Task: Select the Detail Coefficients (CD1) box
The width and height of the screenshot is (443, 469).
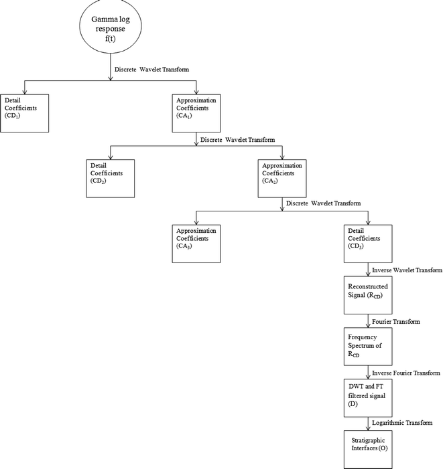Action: click(x=25, y=113)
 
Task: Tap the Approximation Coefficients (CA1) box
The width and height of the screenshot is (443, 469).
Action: click(x=196, y=113)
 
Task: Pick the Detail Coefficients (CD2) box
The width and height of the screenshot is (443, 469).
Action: click(x=111, y=178)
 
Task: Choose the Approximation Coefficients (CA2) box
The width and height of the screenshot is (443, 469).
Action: click(x=281, y=178)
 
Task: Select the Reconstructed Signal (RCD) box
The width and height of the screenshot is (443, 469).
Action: click(x=367, y=295)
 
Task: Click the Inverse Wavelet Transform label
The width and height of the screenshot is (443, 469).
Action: click(x=407, y=270)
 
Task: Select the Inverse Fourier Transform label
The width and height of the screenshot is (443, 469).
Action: click(x=406, y=373)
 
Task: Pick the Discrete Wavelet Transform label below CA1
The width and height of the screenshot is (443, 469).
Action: click(x=237, y=140)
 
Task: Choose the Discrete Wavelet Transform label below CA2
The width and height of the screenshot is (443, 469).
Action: click(x=323, y=203)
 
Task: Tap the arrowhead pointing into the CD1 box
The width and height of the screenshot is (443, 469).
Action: click(x=25, y=92)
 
